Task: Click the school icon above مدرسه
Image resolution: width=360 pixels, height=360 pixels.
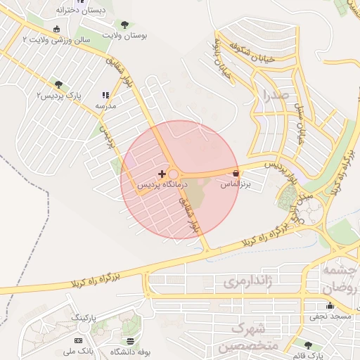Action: (x=105, y=95)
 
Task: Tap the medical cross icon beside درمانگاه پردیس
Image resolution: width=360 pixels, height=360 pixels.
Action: (x=162, y=174)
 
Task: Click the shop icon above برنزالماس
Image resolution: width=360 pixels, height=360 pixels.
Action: (x=236, y=173)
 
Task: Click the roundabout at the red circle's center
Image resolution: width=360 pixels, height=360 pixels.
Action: (x=173, y=174)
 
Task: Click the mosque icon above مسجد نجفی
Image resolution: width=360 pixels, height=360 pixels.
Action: (x=330, y=305)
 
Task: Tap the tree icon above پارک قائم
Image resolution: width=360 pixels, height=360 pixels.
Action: (x=309, y=345)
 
